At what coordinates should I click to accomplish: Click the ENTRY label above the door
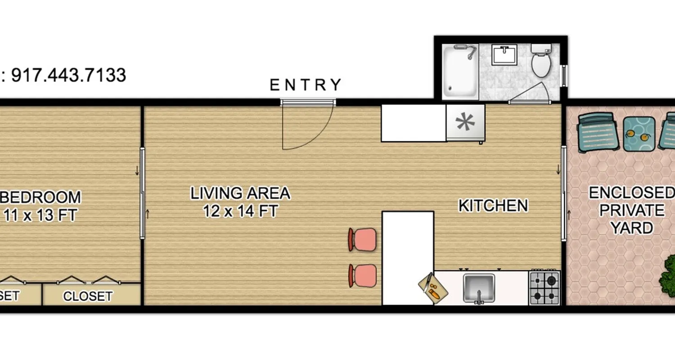coord(306,85)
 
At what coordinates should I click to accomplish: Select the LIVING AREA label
coord(240,193)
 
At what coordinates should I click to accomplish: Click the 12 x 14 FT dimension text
coord(240,211)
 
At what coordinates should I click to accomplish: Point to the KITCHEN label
coord(493,206)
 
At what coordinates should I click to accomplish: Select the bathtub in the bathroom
coord(459,71)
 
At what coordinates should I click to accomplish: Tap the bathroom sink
coord(505,54)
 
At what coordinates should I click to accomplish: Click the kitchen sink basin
coord(479,287)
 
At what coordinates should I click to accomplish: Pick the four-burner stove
coord(544,288)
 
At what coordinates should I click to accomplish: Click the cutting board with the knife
coord(433,288)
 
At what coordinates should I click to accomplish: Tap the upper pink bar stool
coord(363,239)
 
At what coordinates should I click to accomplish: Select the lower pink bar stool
coord(363,275)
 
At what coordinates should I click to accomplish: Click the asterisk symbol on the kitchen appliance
coord(465,122)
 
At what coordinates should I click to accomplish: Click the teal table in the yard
coord(639,133)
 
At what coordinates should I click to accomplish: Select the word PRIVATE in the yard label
coord(631,210)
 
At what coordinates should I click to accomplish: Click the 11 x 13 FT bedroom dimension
coord(40,215)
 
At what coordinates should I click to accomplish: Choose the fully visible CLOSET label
coord(87,296)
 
